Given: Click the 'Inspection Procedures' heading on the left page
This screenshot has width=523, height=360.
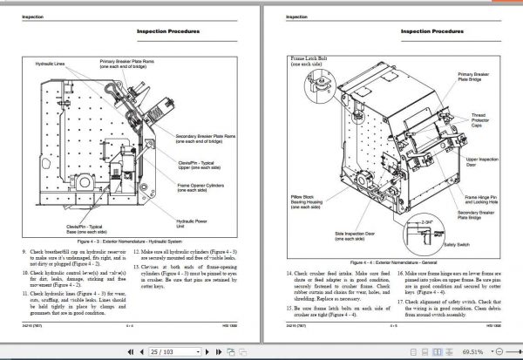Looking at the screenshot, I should [x=170, y=32].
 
